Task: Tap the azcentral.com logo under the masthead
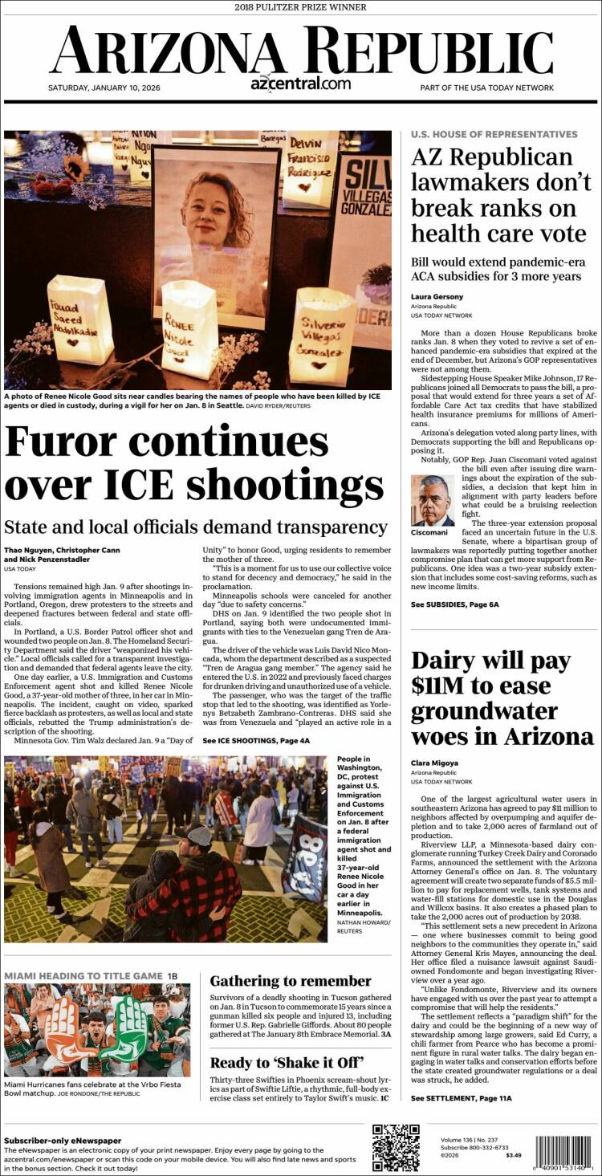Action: (x=300, y=83)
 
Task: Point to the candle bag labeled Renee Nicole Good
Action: (x=189, y=329)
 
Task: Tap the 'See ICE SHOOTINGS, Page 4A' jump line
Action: (x=256, y=741)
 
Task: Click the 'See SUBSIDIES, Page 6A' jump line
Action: (x=454, y=604)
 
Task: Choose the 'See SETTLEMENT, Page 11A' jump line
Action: (x=461, y=1098)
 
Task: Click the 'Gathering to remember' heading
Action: (x=291, y=981)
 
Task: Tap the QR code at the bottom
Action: (x=396, y=1149)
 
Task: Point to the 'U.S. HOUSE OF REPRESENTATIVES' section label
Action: (x=494, y=134)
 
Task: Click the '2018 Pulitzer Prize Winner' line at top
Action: (x=301, y=7)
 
